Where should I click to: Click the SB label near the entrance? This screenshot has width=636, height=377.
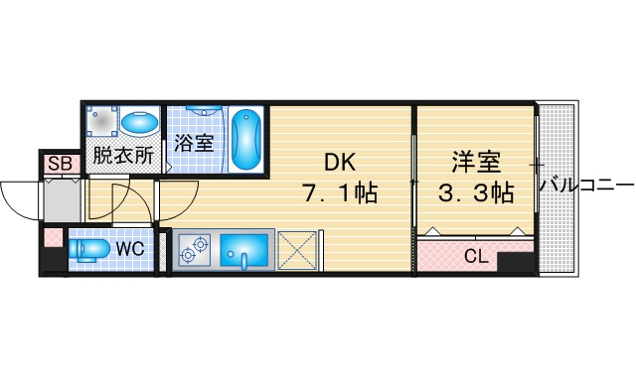60,164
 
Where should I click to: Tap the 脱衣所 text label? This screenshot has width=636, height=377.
123,155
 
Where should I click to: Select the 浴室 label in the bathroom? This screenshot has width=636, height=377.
194,142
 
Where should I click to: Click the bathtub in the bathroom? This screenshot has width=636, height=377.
246,140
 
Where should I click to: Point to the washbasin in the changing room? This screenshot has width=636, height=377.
140,123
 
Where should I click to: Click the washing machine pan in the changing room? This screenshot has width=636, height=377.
102,121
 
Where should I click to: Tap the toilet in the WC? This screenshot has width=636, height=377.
88,249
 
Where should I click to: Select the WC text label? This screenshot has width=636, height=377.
130,248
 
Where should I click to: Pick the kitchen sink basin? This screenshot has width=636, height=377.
244,250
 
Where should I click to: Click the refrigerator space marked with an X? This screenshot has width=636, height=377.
297,250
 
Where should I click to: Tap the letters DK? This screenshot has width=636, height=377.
340,163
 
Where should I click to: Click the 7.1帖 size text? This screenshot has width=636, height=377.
340,192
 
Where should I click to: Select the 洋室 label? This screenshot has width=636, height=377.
476,162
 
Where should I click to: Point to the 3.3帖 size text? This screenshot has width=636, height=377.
476,192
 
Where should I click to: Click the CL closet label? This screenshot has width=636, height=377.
476,256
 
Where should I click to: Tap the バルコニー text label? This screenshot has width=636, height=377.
586,186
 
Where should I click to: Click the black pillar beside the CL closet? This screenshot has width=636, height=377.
515,263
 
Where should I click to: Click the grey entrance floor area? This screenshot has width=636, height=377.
62,201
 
